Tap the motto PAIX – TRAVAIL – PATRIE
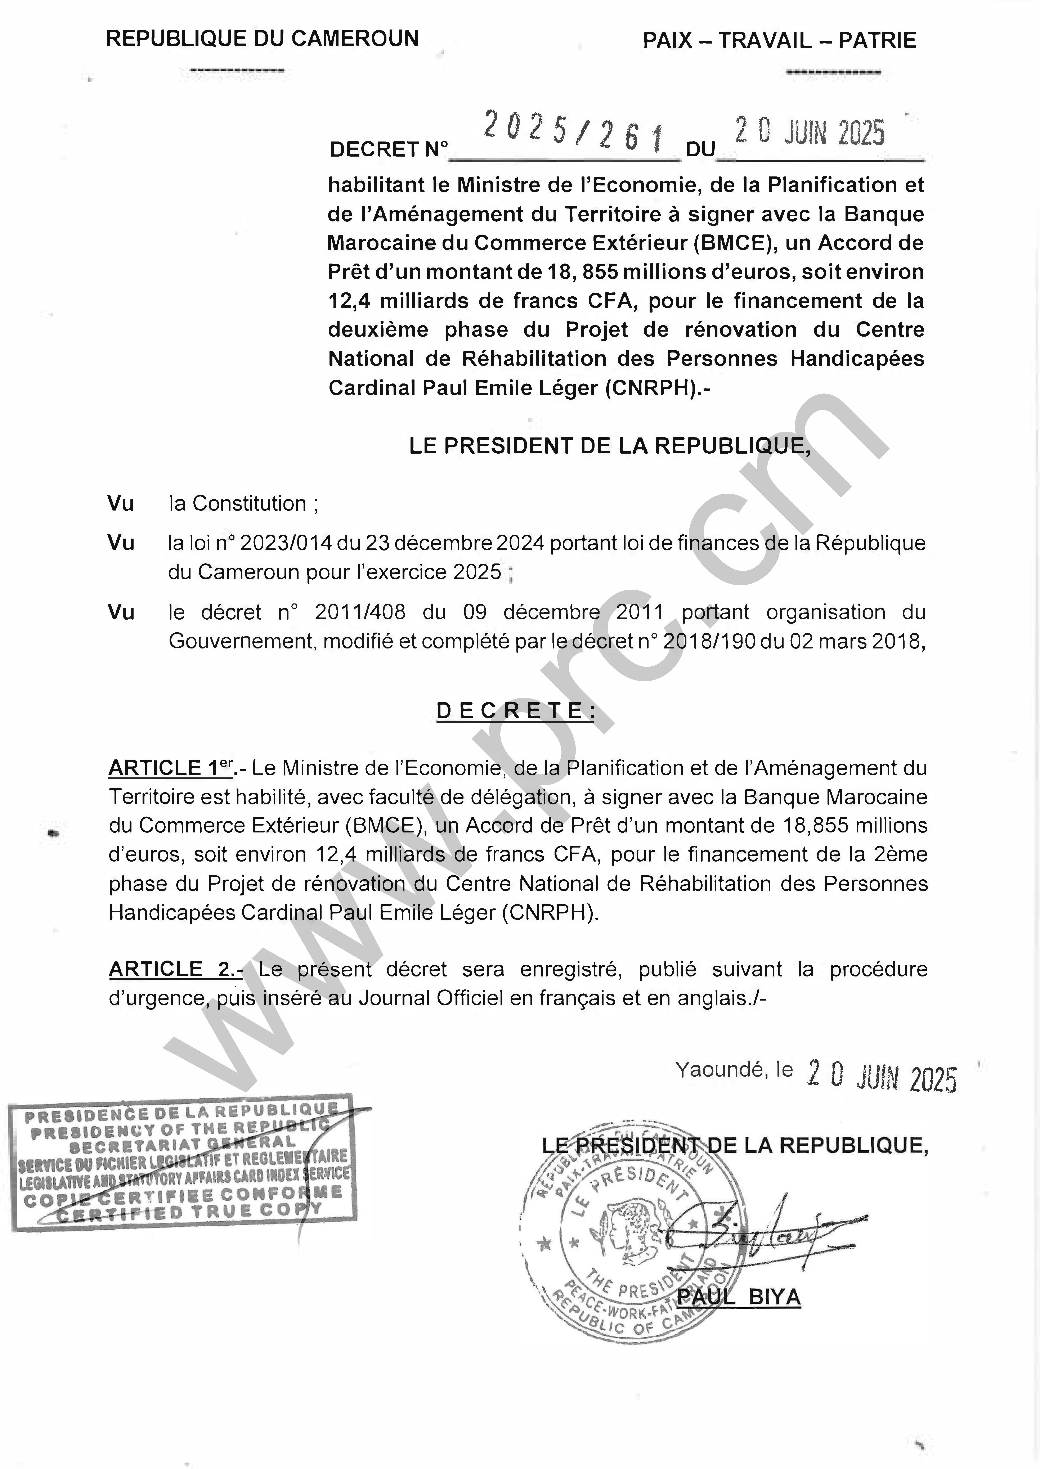(x=779, y=41)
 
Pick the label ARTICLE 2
(x=175, y=970)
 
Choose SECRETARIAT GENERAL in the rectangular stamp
(x=183, y=1144)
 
